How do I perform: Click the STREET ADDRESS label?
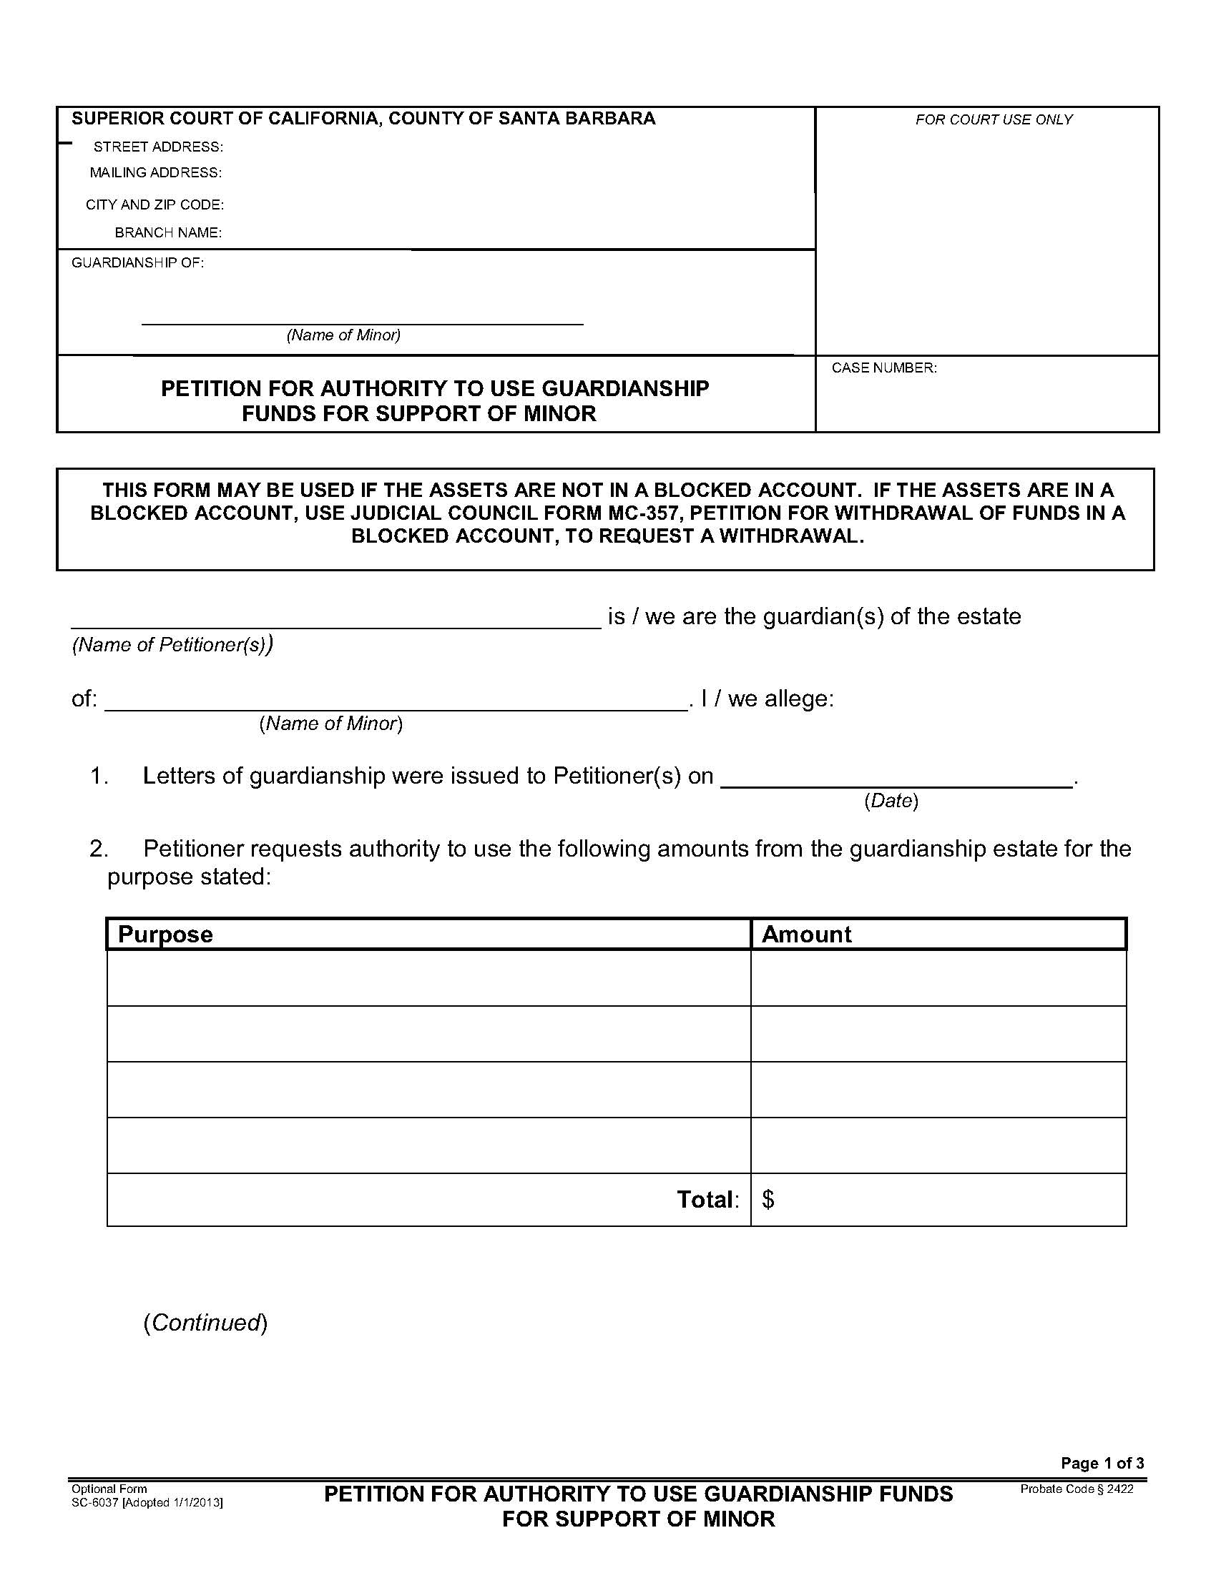[x=158, y=147]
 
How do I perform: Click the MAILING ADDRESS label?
[x=156, y=173]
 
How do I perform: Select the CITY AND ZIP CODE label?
[x=155, y=205]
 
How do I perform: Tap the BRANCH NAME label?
[x=168, y=233]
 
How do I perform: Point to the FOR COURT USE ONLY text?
[x=994, y=119]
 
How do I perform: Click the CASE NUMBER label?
[x=884, y=368]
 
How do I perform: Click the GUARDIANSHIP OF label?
[x=137, y=263]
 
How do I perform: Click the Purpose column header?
[x=165, y=935]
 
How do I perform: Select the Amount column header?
[x=806, y=935]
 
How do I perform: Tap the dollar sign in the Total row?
[x=768, y=1200]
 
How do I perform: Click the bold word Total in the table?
[x=706, y=1200]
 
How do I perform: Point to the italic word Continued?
[x=205, y=1323]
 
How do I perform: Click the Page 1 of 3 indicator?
[x=1102, y=1463]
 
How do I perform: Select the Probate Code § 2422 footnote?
[x=1077, y=1489]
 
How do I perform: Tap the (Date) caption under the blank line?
[x=891, y=801]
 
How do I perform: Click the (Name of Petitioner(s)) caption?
[x=172, y=645]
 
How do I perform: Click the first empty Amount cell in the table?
[x=938, y=978]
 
